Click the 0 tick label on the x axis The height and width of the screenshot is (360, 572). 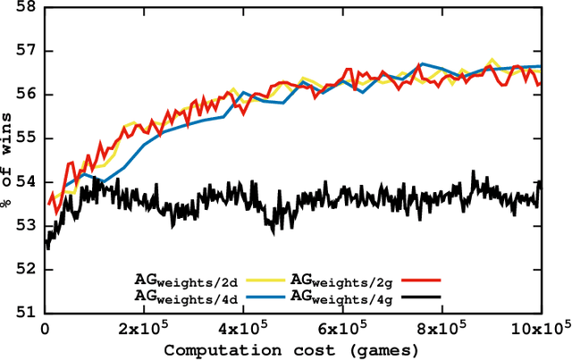[x=45, y=330]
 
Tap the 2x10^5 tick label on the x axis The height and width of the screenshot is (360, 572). [x=144, y=330]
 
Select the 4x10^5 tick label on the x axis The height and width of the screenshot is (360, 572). [x=243, y=330]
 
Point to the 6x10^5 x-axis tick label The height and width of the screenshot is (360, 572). [x=342, y=330]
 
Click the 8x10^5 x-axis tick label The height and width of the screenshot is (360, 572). [x=442, y=330]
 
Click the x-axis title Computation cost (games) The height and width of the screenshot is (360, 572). [x=292, y=349]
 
